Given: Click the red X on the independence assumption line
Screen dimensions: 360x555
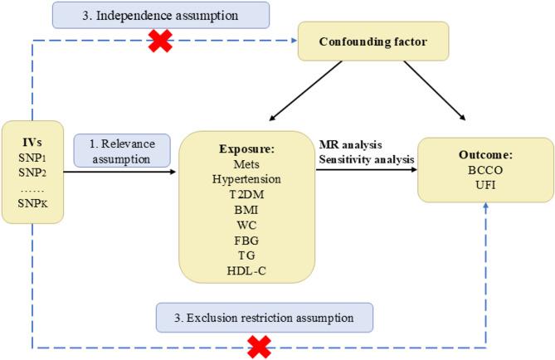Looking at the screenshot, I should pyautogui.click(x=159, y=41).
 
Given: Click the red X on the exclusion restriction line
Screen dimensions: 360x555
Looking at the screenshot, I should pyautogui.click(x=260, y=346).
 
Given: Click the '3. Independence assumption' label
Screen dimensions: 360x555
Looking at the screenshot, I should pyautogui.click(x=160, y=14).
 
